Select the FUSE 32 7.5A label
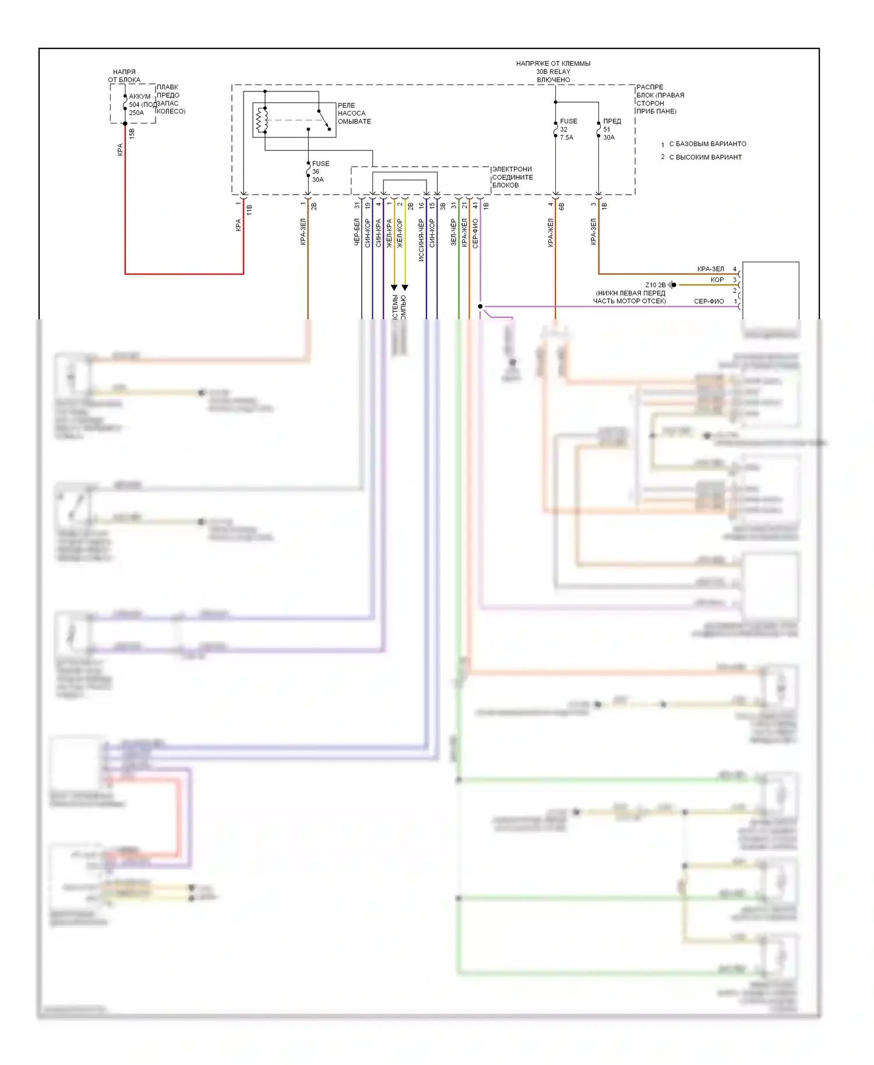[568, 129]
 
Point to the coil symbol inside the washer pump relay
[262, 120]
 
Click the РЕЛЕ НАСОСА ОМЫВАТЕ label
[354, 114]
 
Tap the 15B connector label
[132, 133]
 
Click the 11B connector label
[249, 210]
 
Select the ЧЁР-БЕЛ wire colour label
[357, 232]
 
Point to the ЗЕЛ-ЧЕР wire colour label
[453, 232]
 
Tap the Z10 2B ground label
[655, 285]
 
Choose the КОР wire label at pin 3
[717, 280]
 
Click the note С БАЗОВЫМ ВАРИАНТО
[707, 144]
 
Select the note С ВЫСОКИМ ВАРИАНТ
[705, 157]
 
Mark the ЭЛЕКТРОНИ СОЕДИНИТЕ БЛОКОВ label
[512, 177]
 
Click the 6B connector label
[562, 206]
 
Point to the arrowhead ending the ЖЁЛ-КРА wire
[394, 287]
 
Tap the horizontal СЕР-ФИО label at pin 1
[709, 302]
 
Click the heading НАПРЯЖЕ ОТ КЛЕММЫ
[553, 64]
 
